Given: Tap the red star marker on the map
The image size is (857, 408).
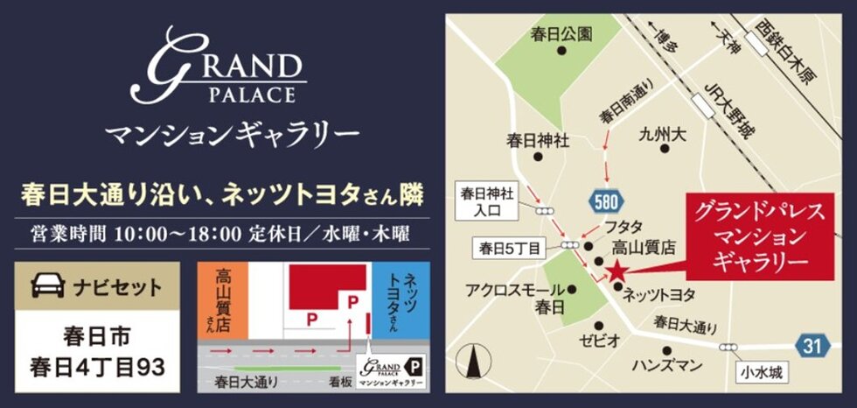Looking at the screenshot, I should [x=617, y=270].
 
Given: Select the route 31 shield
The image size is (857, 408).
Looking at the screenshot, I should [x=812, y=345].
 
